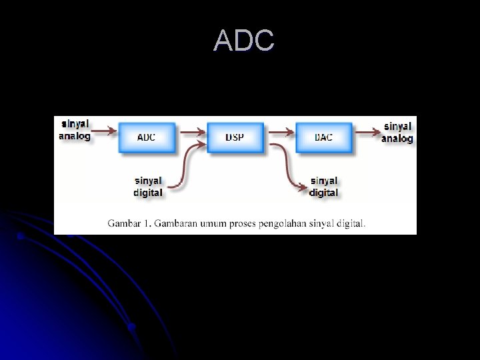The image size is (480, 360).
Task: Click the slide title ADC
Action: pos(243,41)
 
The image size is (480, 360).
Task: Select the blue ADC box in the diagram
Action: pos(147,137)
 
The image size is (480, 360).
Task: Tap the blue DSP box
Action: pos(235,137)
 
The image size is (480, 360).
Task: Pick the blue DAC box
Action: pos(323,137)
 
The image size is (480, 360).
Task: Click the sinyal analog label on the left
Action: pos(75,130)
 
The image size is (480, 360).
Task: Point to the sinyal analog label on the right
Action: pos(397,132)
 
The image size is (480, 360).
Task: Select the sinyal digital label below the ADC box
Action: pos(148,187)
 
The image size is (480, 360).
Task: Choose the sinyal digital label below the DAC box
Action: pos(324,187)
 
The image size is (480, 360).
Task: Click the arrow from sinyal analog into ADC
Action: pos(105,133)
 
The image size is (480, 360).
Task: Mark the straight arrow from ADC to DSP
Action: pos(192,133)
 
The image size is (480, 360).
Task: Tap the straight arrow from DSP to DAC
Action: pos(280,133)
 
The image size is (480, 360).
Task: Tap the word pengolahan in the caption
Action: pos(283,223)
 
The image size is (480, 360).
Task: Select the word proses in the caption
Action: pos(243,223)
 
